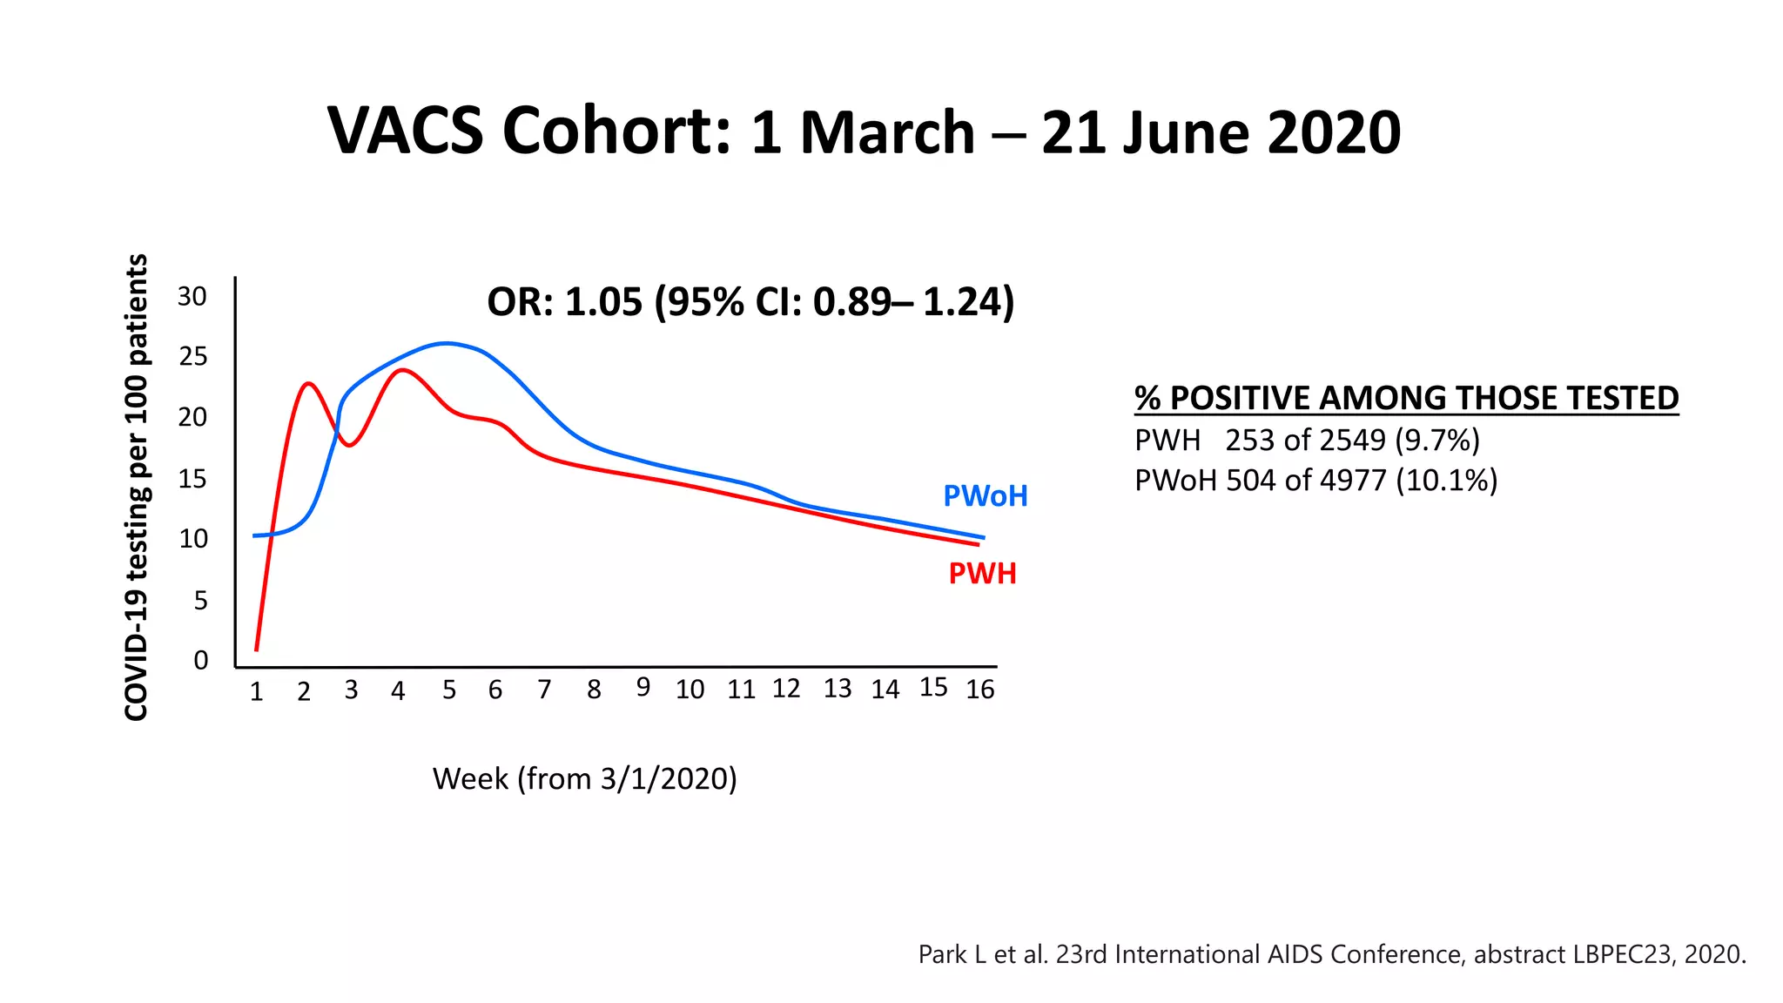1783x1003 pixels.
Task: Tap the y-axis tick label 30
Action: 192,297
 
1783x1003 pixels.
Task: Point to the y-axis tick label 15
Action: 192,479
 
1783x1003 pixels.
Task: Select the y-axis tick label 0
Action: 200,661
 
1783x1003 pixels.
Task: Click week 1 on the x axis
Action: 256,691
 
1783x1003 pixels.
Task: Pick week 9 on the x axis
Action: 643,688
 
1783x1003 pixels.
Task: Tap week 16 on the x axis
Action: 980,690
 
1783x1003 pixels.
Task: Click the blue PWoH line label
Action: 986,496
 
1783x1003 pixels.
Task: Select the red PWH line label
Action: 982,574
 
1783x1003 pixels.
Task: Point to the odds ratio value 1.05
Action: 603,302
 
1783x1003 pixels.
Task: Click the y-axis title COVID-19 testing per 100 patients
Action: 137,488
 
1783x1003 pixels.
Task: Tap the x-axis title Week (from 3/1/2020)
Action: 584,778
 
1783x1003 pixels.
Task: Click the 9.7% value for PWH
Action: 1437,441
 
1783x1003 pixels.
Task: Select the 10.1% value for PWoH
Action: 1446,481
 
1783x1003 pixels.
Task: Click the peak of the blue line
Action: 447,343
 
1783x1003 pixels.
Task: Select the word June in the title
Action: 1188,133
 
